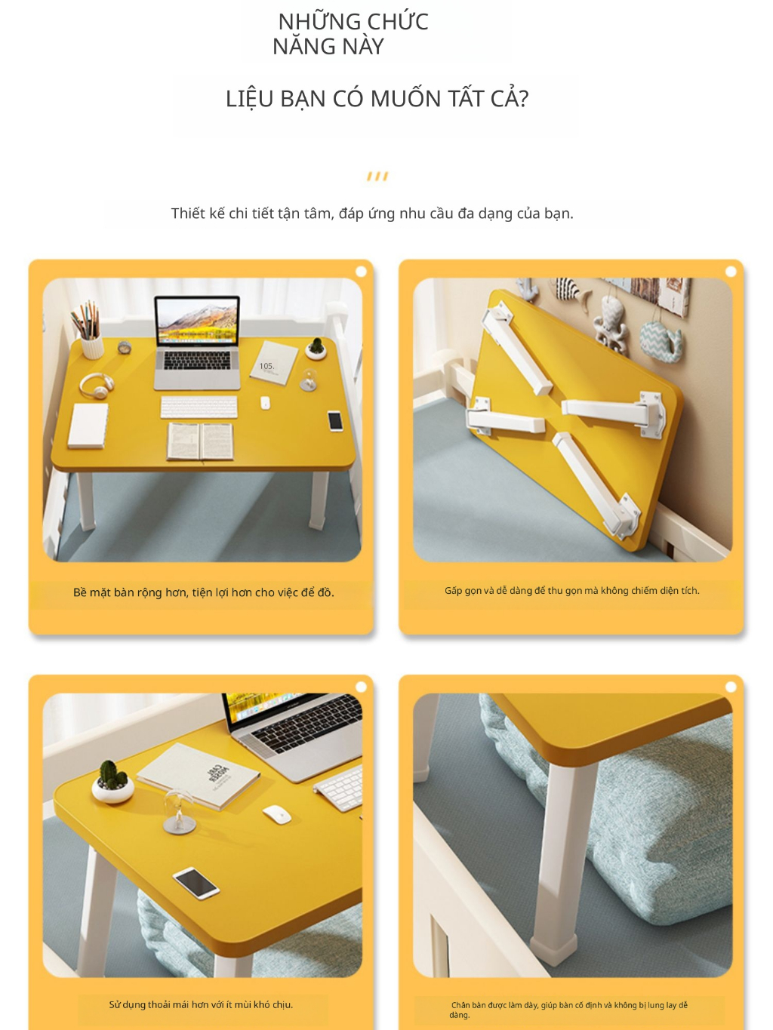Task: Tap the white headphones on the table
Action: click(96, 386)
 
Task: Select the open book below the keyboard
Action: click(200, 441)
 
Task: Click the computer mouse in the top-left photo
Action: click(265, 403)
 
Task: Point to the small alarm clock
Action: click(125, 347)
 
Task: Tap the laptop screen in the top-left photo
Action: click(197, 321)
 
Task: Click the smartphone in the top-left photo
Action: click(335, 420)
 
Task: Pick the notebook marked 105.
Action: click(273, 363)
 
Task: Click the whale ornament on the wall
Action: click(661, 342)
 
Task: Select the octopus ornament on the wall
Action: click(611, 324)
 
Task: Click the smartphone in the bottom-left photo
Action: click(196, 883)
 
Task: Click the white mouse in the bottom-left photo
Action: click(277, 815)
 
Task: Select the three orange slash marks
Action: click(377, 177)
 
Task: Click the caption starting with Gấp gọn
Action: click(571, 591)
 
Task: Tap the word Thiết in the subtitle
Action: click(188, 214)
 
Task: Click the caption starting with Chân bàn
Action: click(568, 1010)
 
